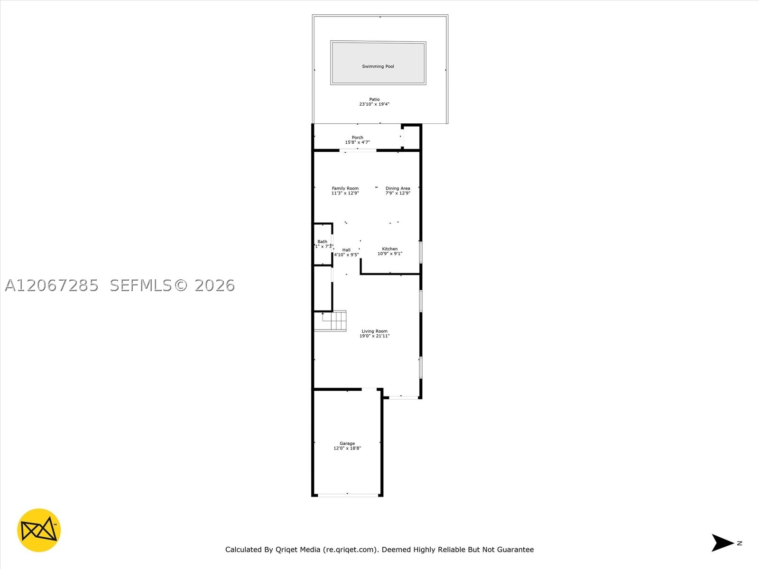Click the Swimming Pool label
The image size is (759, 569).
(378, 66)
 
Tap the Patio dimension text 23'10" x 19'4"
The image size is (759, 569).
(374, 104)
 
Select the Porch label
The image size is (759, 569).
(357, 138)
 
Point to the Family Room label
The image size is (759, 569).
(345, 188)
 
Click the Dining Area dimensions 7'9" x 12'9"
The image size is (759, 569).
(398, 193)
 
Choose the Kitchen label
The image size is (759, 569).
(390, 249)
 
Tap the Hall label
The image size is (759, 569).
(346, 250)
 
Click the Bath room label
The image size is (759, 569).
(322, 241)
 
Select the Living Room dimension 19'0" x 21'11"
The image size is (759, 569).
(374, 336)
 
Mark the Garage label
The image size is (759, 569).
(347, 443)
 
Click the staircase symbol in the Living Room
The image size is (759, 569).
(330, 321)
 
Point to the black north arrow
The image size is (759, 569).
(722, 543)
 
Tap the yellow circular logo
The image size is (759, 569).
(39, 530)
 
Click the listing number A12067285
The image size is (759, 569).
(52, 285)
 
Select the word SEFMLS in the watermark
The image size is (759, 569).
(141, 285)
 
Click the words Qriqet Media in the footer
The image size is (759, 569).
(298, 549)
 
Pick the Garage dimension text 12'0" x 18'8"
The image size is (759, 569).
(347, 448)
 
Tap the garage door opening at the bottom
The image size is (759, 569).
(348, 496)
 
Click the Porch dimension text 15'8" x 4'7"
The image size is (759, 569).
(357, 142)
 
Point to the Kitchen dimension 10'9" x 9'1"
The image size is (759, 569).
(390, 254)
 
